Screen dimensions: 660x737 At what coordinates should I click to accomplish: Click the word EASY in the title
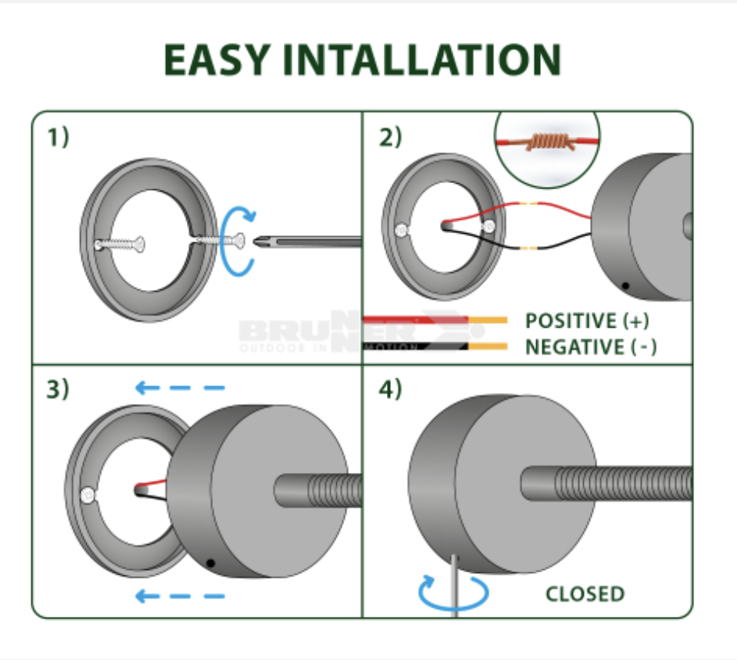(216, 60)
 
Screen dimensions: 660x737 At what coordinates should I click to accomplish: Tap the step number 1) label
(58, 138)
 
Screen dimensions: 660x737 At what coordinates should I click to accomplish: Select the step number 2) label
(391, 138)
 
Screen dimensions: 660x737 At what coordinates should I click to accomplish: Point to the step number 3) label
(58, 389)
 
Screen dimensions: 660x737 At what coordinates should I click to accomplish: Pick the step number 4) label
(391, 389)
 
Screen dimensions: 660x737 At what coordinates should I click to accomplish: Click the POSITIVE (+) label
(582, 321)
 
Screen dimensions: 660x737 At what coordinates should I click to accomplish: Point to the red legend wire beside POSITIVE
(415, 318)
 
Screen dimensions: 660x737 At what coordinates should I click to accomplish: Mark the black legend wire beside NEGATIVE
(415, 345)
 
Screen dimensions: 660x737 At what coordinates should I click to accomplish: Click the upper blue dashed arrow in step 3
(180, 388)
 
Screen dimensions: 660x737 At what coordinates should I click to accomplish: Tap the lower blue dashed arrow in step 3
(180, 595)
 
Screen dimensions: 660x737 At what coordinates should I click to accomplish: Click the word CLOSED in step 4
(585, 594)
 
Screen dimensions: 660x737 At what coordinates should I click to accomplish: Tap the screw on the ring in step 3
(90, 495)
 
